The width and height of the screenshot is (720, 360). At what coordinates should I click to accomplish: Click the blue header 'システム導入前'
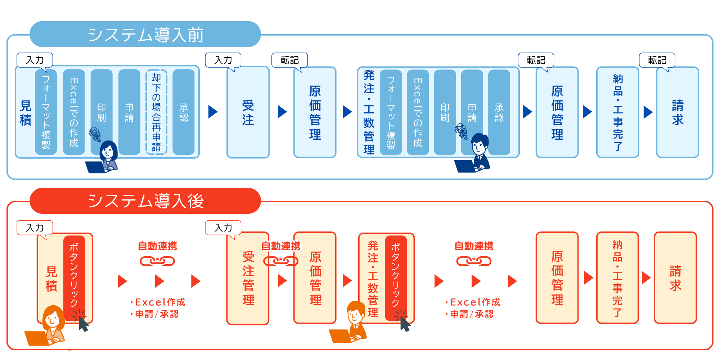[145, 35]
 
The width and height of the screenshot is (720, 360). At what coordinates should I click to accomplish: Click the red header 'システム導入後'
[145, 201]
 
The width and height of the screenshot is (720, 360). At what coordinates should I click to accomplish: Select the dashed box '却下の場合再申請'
[156, 112]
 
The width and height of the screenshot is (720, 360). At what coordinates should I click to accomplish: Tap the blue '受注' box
[248, 112]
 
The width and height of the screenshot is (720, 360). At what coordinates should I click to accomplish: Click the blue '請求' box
[677, 112]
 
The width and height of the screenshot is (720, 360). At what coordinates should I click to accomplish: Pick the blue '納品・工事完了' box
[617, 112]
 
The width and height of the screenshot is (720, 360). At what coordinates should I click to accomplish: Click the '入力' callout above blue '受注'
[223, 60]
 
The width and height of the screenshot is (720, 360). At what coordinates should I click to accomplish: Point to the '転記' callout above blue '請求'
[657, 60]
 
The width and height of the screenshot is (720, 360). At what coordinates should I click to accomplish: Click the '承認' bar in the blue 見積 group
[184, 112]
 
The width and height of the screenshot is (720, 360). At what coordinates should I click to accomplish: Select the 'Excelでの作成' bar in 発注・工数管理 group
[418, 112]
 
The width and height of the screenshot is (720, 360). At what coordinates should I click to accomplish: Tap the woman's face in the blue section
[108, 152]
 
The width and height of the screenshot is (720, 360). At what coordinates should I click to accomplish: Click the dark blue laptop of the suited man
[464, 166]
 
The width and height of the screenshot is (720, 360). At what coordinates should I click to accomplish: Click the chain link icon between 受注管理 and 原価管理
[281, 261]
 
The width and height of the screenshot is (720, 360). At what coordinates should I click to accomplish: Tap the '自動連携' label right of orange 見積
[157, 246]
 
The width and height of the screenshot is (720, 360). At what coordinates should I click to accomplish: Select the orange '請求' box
[675, 278]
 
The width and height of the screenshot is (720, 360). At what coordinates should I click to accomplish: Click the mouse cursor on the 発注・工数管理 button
[405, 323]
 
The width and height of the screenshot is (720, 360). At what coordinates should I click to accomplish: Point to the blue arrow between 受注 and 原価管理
[282, 112]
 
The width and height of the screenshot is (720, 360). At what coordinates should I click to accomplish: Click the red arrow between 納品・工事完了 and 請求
[646, 278]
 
